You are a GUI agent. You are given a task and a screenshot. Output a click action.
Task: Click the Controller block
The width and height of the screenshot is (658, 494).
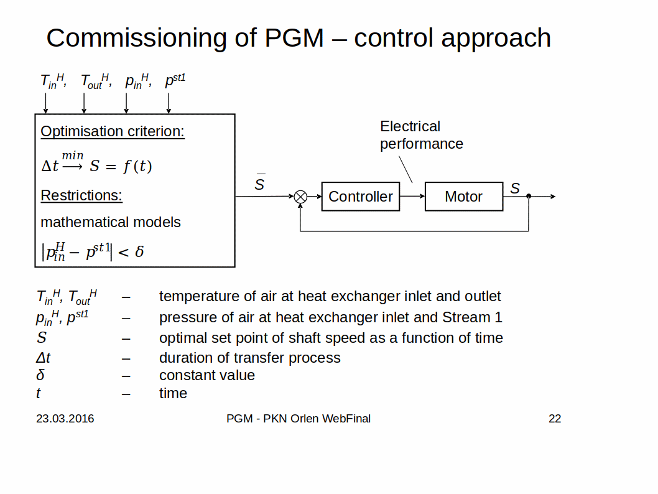click(x=360, y=197)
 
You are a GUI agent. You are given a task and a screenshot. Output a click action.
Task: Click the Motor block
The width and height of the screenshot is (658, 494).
click(x=463, y=197)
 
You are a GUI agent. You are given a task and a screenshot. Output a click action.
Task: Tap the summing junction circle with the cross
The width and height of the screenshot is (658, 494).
click(x=300, y=197)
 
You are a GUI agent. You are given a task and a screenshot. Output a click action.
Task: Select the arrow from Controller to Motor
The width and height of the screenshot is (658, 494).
click(x=412, y=197)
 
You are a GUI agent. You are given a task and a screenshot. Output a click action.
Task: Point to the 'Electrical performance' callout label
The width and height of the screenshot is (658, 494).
click(x=421, y=135)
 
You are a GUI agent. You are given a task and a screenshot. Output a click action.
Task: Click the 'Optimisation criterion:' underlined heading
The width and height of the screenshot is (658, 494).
click(x=113, y=131)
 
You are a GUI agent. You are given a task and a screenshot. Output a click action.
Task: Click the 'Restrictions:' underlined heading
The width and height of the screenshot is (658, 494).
click(x=81, y=195)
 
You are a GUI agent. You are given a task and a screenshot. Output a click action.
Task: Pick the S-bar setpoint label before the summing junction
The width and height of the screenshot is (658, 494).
click(x=260, y=184)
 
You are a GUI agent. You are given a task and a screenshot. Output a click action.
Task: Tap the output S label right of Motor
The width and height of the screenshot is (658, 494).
click(x=515, y=188)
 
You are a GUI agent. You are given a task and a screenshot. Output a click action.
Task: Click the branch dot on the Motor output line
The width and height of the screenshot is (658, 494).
click(x=529, y=197)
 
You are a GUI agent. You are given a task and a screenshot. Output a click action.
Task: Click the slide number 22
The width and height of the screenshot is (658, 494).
click(x=555, y=419)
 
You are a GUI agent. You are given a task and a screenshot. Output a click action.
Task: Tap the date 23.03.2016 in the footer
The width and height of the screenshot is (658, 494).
click(x=65, y=419)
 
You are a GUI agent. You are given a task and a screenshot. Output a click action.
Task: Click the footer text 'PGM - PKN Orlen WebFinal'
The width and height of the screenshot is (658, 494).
click(x=299, y=419)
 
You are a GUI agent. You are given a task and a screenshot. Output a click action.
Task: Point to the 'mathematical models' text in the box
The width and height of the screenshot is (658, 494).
click(x=111, y=222)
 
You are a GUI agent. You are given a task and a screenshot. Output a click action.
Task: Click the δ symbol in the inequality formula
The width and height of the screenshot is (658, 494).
click(x=139, y=252)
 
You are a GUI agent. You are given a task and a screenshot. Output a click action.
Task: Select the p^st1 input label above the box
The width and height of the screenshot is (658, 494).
click(x=175, y=81)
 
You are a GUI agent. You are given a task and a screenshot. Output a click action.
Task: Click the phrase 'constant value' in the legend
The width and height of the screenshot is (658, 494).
click(x=207, y=375)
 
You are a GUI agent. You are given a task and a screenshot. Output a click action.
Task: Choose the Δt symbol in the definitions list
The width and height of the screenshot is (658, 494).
click(x=43, y=358)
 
